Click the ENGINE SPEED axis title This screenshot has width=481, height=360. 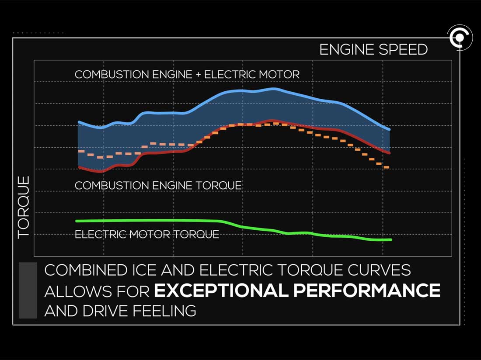pos(373,49)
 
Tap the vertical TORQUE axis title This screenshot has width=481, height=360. pos(23,207)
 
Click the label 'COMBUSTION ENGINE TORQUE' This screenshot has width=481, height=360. pos(158,185)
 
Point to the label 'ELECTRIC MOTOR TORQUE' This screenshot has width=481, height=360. pos(146,234)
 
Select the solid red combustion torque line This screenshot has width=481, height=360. pos(166,151)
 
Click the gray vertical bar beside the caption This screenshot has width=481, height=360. pos(28,290)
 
